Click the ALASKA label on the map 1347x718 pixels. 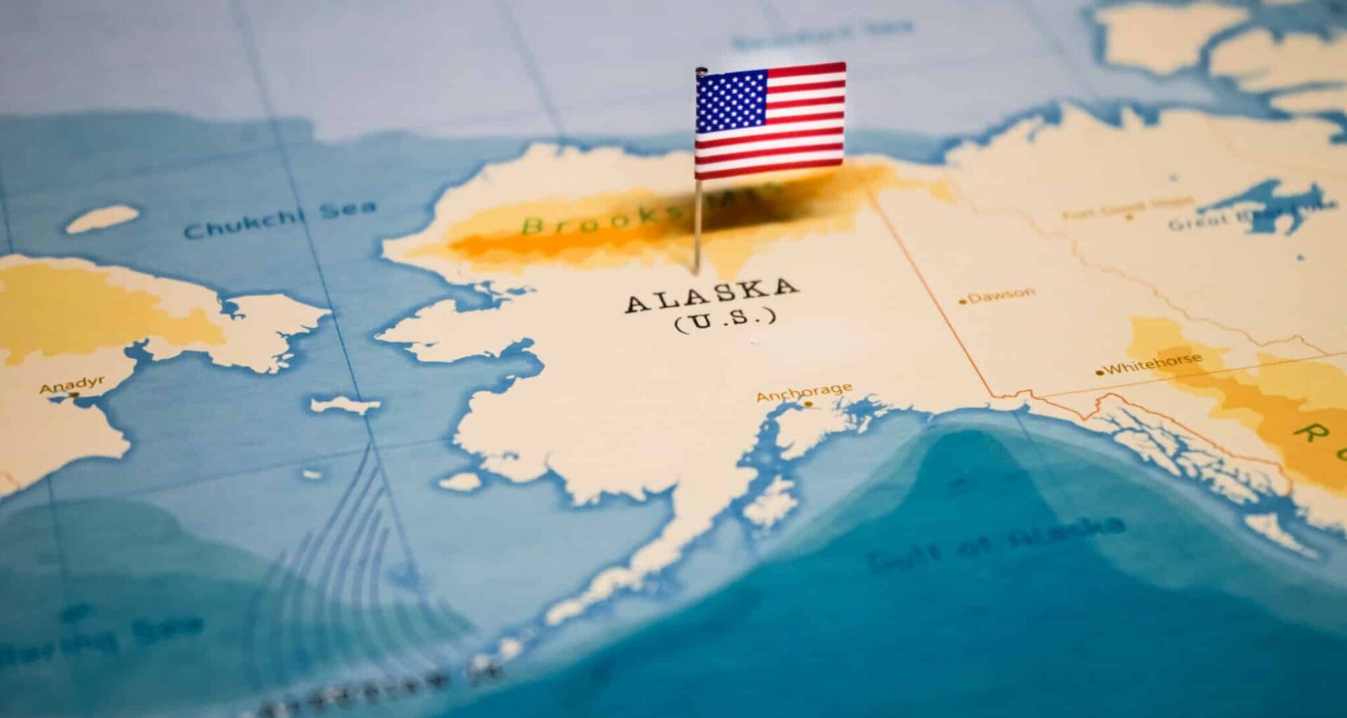(711, 294)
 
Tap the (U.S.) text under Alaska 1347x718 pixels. (725, 319)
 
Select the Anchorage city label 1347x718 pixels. (804, 392)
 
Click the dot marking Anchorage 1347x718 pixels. (808, 404)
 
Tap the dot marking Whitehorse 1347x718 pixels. (1100, 372)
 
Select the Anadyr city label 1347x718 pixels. (72, 384)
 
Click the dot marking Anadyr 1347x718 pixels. (75, 395)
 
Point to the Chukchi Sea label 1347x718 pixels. (279, 219)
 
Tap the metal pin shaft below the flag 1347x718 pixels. (698, 224)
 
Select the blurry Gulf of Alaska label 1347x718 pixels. (996, 543)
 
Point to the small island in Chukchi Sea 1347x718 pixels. (102, 219)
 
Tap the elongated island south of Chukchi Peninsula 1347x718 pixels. (345, 405)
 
